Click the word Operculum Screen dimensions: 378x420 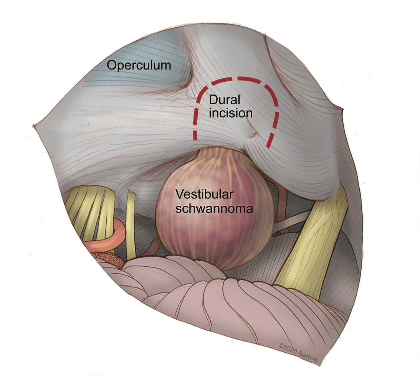tap(139, 65)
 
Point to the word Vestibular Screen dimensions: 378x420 tap(204, 195)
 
